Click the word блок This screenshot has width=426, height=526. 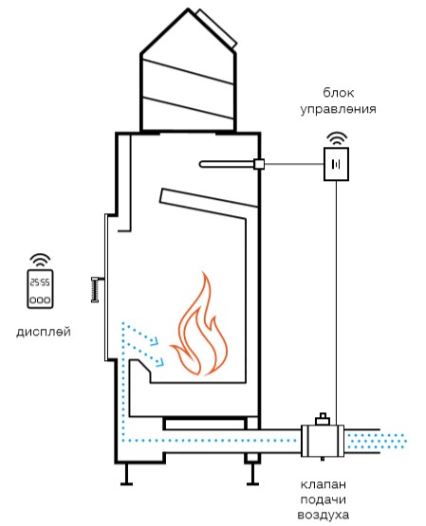pyautogui.click(x=338, y=92)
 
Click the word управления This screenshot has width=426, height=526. pyautogui.click(x=338, y=109)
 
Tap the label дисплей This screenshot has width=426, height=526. pyautogui.click(x=44, y=332)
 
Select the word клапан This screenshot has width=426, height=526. pyautogui.click(x=323, y=484)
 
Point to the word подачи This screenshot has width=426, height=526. pyautogui.click(x=323, y=499)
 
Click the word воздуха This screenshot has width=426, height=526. pyautogui.click(x=323, y=515)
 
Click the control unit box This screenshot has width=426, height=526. pyautogui.click(x=336, y=164)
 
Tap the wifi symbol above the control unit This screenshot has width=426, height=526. pyautogui.click(x=337, y=139)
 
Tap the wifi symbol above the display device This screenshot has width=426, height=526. pyautogui.click(x=40, y=261)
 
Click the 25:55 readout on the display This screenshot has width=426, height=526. pyautogui.click(x=40, y=282)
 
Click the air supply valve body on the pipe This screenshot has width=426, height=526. pyautogui.click(x=323, y=441)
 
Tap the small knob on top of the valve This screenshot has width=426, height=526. pyautogui.click(x=323, y=419)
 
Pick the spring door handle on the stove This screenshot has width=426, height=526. pyautogui.click(x=96, y=289)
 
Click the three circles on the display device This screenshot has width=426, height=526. pyautogui.click(x=40, y=299)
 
